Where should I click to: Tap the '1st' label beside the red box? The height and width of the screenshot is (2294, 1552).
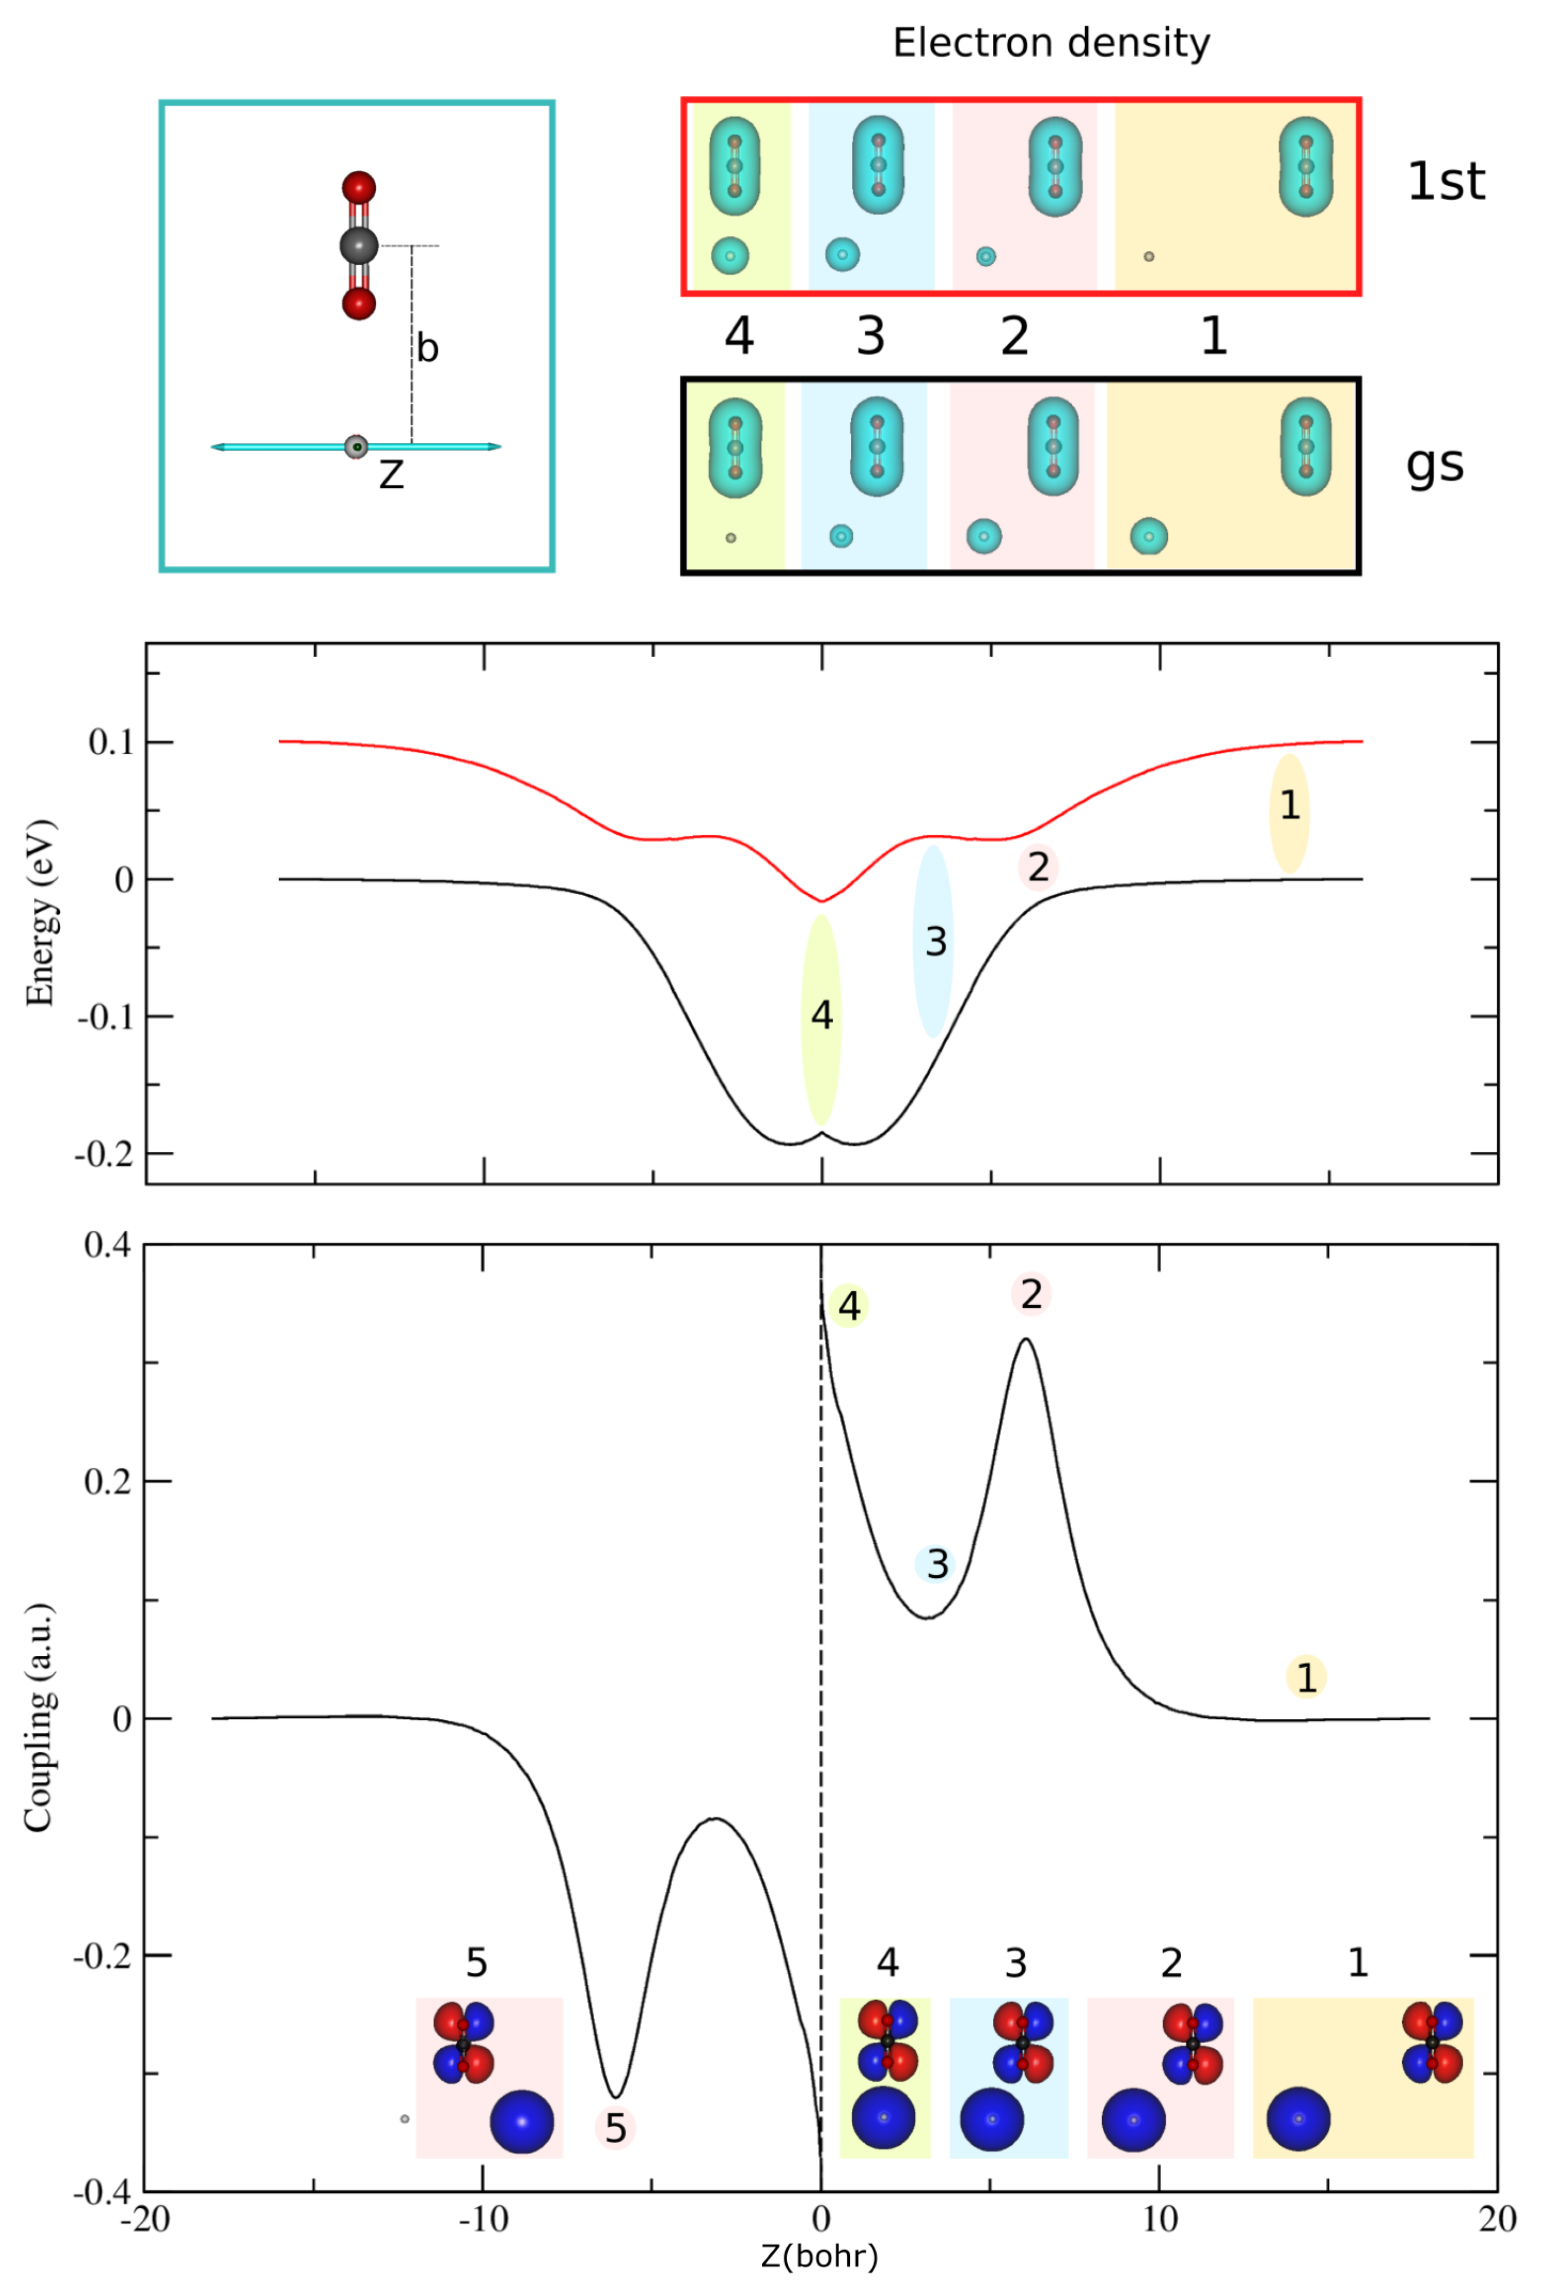pos(1445,182)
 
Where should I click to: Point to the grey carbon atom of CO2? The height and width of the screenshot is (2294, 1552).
pos(358,246)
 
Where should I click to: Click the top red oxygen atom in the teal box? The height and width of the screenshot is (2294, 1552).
pos(358,188)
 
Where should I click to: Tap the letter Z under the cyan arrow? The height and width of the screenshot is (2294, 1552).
pos(391,476)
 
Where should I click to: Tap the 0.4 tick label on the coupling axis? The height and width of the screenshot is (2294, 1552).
pos(106,1246)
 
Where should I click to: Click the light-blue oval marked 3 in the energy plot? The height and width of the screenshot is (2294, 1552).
pos(933,941)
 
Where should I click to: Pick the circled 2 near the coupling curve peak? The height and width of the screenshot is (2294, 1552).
pos(1031,1294)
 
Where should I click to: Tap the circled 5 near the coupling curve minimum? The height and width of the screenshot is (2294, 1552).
pos(615,2128)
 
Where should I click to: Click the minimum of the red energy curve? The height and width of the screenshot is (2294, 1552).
pos(820,900)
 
